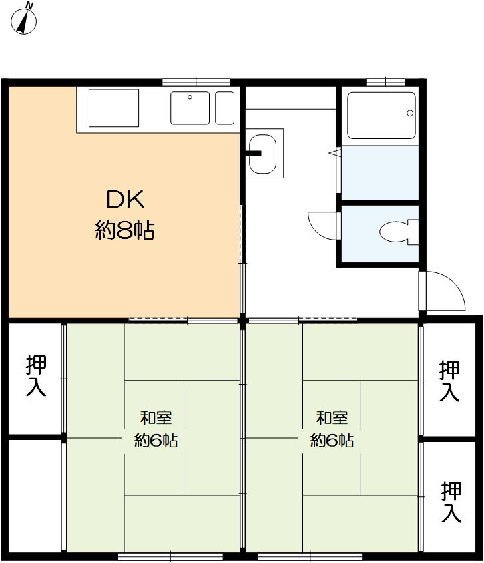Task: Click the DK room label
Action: pyautogui.click(x=126, y=200)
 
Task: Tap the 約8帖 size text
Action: pyautogui.click(x=125, y=230)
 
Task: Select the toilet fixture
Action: pyautogui.click(x=399, y=232)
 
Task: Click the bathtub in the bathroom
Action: pyautogui.click(x=381, y=116)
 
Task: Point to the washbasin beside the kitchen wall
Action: pyautogui.click(x=262, y=154)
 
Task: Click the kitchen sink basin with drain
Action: pyautogui.click(x=190, y=108)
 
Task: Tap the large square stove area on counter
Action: pyautogui.click(x=113, y=108)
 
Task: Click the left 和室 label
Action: pyautogui.click(x=156, y=418)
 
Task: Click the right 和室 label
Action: pyautogui.click(x=332, y=418)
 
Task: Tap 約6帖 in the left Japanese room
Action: pyautogui.click(x=156, y=440)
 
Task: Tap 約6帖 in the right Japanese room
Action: pyautogui.click(x=332, y=440)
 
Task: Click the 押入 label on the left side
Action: pyautogui.click(x=36, y=375)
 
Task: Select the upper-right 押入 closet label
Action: pyautogui.click(x=449, y=381)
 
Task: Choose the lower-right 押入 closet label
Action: pyautogui.click(x=451, y=502)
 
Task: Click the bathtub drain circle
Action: pyautogui.click(x=410, y=113)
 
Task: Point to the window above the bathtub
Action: pyautogui.click(x=385, y=82)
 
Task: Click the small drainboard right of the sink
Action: pyautogui.click(x=224, y=108)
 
